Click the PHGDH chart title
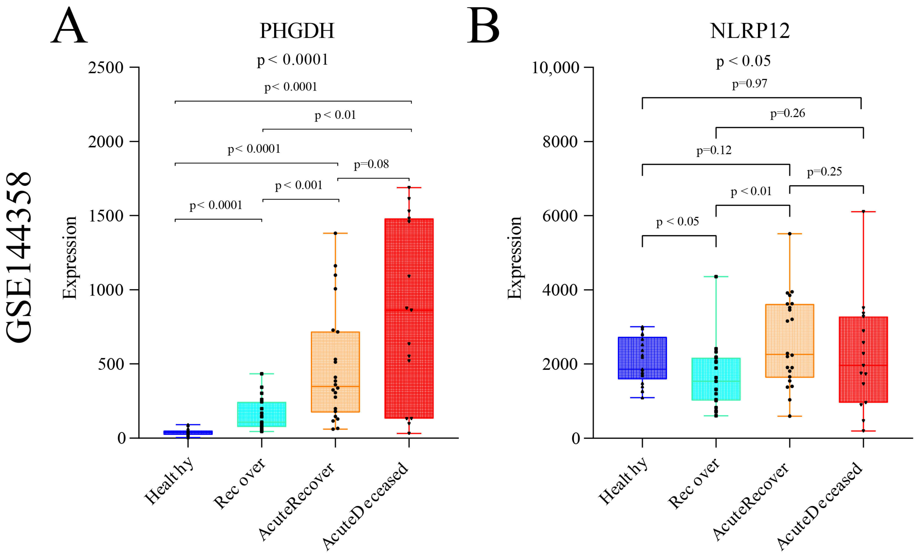coord(297,31)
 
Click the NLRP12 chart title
coord(750,31)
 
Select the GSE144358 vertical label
coord(19,257)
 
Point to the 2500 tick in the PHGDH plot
coord(106,68)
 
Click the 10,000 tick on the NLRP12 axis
coord(555,68)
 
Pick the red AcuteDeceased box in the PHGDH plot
coord(409,318)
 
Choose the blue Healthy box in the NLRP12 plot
coord(642,358)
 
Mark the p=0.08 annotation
coord(371,164)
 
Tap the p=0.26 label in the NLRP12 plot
coord(787,113)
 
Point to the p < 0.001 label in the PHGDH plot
coord(299,185)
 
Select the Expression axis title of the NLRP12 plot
coord(514,258)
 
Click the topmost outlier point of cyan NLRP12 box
coord(716,277)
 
